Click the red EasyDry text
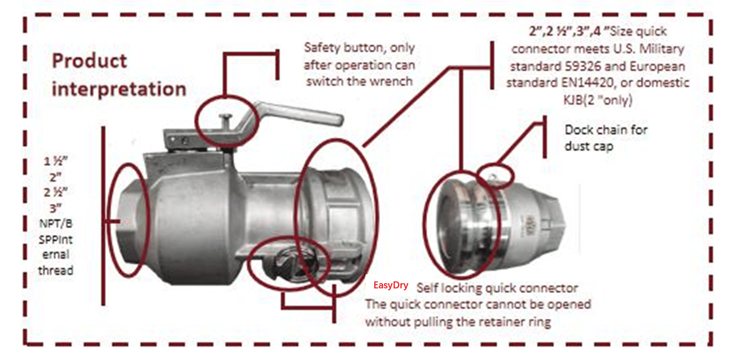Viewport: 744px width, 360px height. [x=387, y=285]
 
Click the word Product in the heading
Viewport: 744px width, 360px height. [x=89, y=61]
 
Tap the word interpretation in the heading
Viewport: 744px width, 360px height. [x=119, y=88]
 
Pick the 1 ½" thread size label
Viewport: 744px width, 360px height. [x=55, y=161]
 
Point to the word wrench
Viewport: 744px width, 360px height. [x=396, y=81]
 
